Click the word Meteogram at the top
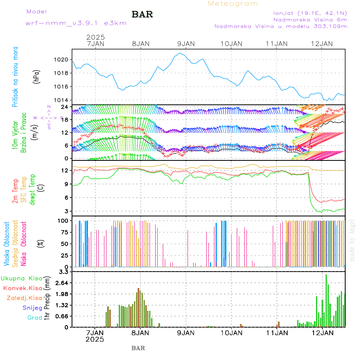[233, 4]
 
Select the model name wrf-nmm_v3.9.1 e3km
[76, 23]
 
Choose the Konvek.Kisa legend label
[23, 288]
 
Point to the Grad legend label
[35, 318]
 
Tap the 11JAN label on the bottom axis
[277, 332]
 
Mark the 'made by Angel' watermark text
[352, 240]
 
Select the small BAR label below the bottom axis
[138, 348]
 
